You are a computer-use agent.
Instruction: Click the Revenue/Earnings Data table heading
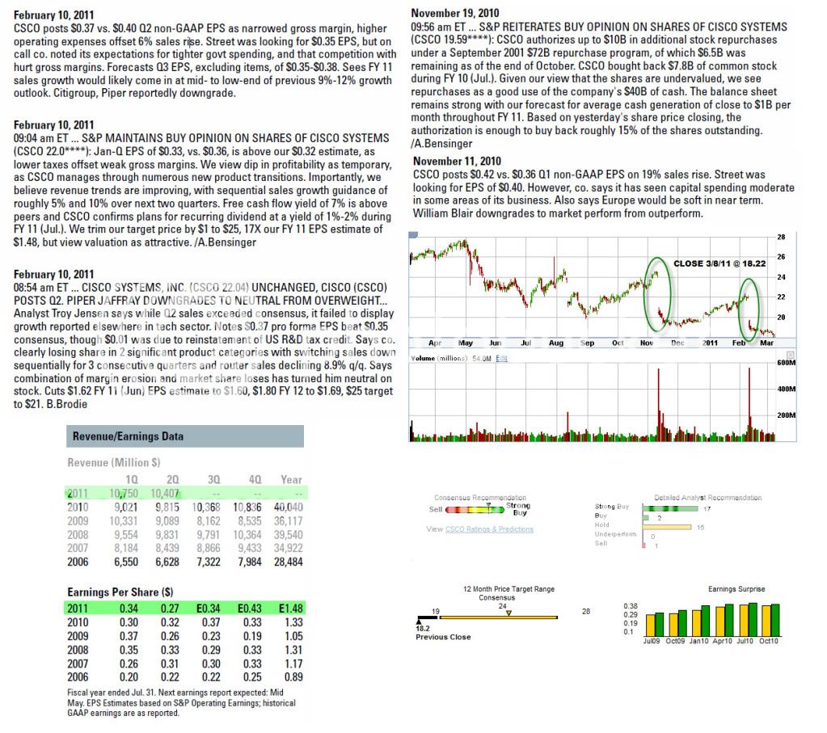click(x=128, y=436)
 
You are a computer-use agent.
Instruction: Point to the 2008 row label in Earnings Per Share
click(x=78, y=649)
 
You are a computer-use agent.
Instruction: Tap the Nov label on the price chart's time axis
click(x=648, y=343)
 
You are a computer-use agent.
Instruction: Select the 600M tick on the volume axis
click(x=787, y=364)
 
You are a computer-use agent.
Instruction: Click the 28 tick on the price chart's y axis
click(x=781, y=237)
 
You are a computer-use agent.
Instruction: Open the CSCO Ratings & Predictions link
click(x=489, y=529)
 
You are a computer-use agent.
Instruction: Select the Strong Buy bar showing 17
click(x=672, y=508)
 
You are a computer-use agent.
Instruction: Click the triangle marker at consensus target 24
click(x=508, y=613)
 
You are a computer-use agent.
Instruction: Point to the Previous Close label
click(x=444, y=637)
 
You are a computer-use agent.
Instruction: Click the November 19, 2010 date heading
click(x=455, y=12)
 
